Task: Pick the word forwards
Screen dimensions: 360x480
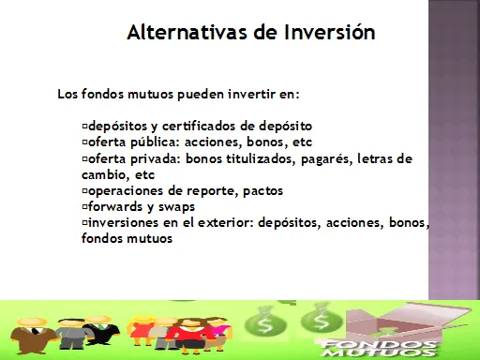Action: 115,206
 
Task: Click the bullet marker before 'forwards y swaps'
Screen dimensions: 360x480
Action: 84,206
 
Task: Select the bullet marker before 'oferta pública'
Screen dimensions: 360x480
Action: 84,142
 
